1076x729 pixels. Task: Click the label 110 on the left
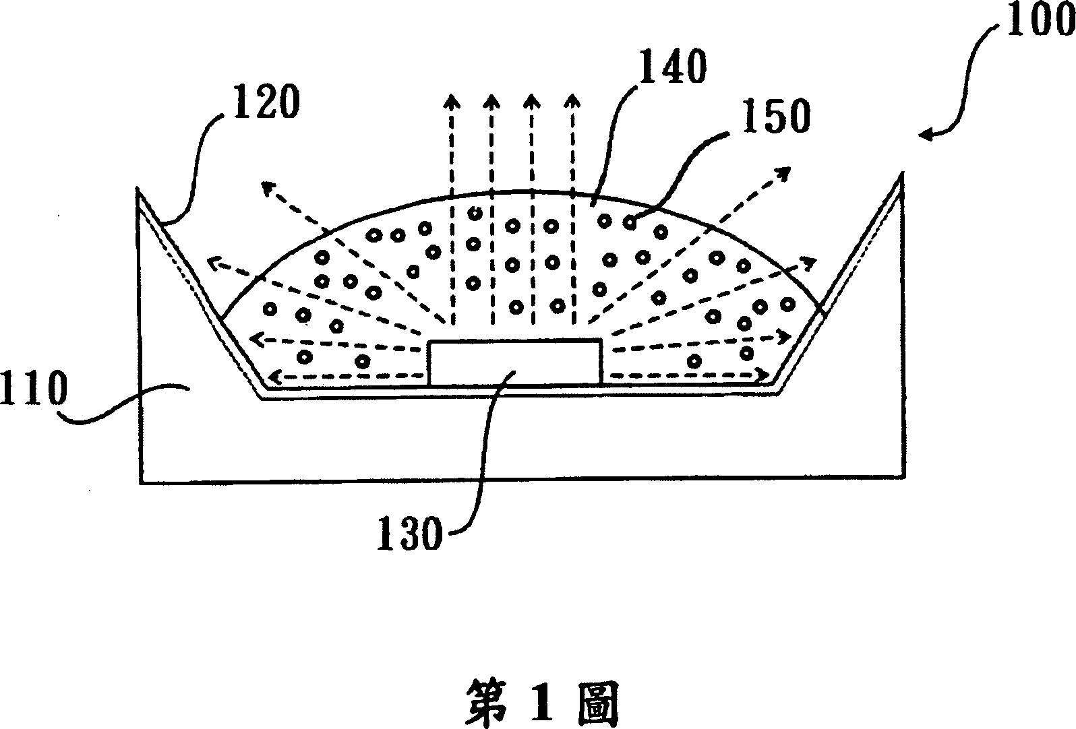point(34,391)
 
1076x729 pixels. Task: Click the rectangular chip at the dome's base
point(514,362)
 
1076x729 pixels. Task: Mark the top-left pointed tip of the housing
point(139,190)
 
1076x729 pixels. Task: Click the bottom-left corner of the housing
point(142,481)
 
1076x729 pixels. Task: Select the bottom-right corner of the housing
point(903,477)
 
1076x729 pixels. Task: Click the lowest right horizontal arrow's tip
point(769,375)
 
